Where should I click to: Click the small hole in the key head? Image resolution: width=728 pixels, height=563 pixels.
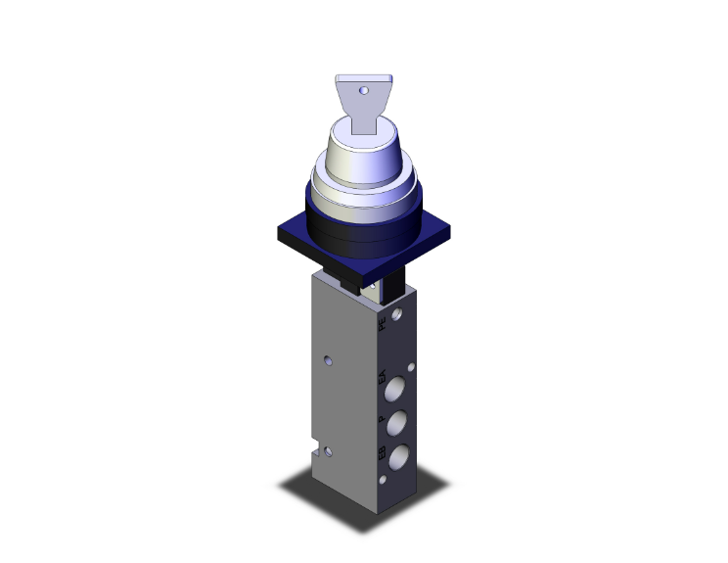pos(364,90)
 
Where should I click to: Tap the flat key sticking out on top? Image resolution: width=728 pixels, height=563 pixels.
pos(363,104)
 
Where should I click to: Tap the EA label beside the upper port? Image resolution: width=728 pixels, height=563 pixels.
pos(382,377)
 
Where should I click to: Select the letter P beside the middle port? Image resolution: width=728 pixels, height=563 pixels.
pos(382,418)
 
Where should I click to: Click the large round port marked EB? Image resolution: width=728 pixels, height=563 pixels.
pos(400,458)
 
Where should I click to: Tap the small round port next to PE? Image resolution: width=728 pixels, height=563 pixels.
pos(397,317)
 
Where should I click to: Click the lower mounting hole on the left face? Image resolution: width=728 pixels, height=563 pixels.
pos(330,451)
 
